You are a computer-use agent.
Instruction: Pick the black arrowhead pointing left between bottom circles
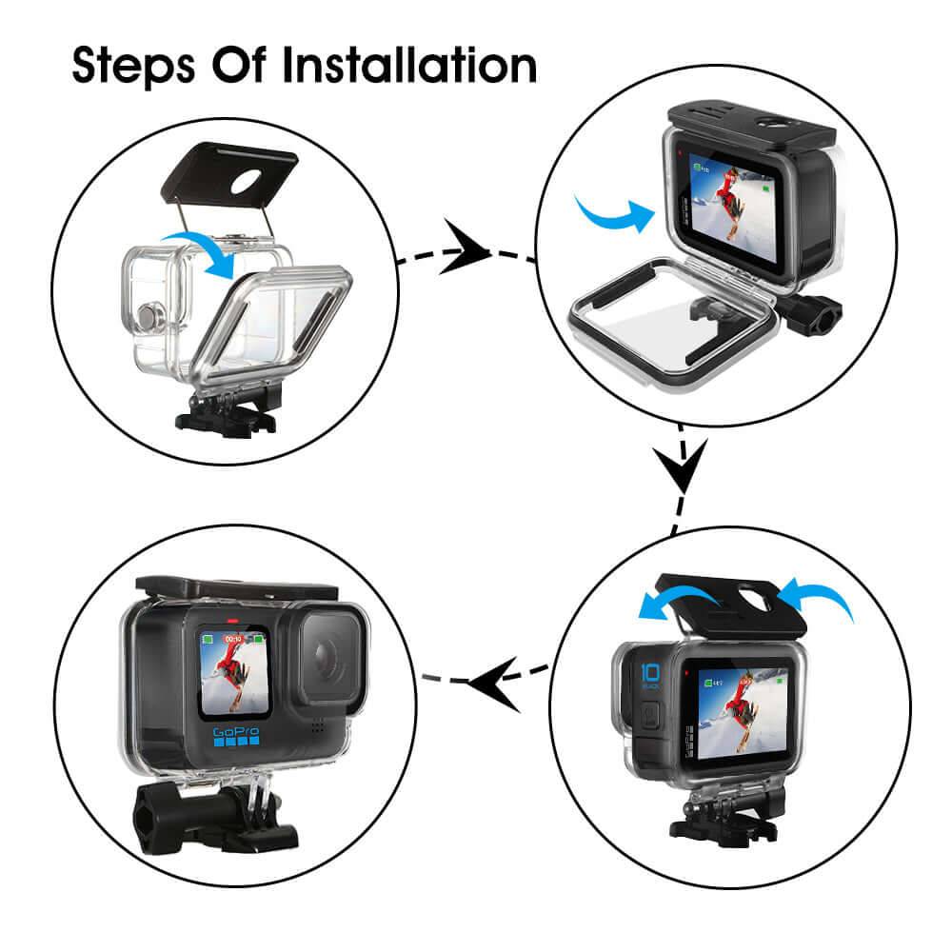494,680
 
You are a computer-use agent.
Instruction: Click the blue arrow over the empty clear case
201,250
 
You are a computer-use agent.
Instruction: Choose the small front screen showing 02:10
231,672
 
